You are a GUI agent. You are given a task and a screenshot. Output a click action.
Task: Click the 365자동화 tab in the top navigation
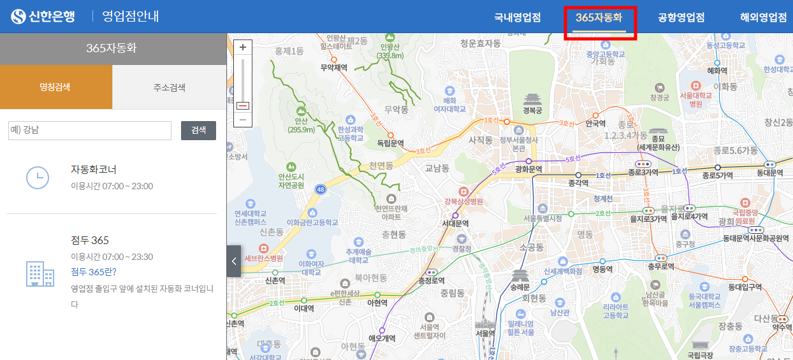(x=599, y=18)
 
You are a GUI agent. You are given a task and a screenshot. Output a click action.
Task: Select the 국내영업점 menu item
(x=517, y=18)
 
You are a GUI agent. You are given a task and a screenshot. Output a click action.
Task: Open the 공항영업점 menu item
(x=681, y=18)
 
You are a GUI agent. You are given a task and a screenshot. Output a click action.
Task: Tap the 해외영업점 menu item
(x=763, y=18)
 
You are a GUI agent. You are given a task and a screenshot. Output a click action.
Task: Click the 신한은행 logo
(x=44, y=17)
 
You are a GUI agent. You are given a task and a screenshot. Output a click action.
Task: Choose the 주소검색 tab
(x=169, y=87)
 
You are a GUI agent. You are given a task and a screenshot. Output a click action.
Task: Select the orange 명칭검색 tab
(x=56, y=87)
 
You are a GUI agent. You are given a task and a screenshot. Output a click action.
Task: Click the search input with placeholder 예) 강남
(x=90, y=131)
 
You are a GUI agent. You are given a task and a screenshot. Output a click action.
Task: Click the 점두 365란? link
(x=94, y=272)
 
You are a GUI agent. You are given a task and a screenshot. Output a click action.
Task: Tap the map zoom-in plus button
(x=243, y=47)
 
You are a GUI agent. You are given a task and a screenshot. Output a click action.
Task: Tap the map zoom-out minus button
(x=243, y=120)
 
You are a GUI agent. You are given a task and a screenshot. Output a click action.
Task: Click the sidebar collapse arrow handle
(x=233, y=261)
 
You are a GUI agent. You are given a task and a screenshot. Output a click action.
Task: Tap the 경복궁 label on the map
(x=532, y=110)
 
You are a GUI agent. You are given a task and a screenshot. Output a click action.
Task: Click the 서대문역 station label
(x=455, y=224)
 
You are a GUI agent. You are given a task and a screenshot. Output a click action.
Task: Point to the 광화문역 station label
(x=528, y=169)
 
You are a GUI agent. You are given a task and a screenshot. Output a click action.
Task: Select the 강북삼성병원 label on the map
(x=463, y=202)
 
